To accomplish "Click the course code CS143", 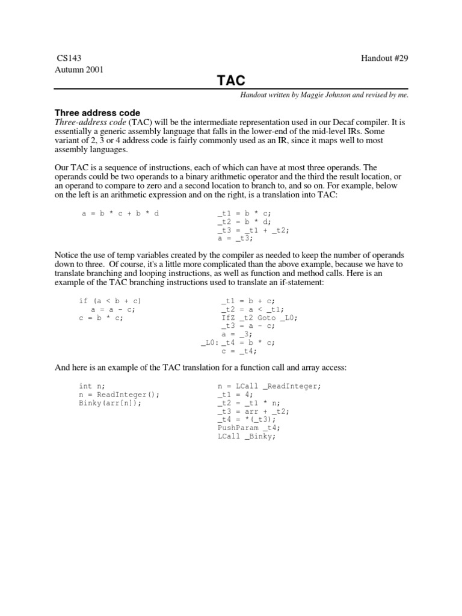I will (68, 58).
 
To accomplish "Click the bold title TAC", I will (230, 81).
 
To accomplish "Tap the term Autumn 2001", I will (79, 69).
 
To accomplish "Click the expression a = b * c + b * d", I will (120, 214).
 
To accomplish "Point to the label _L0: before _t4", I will (209, 343).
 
